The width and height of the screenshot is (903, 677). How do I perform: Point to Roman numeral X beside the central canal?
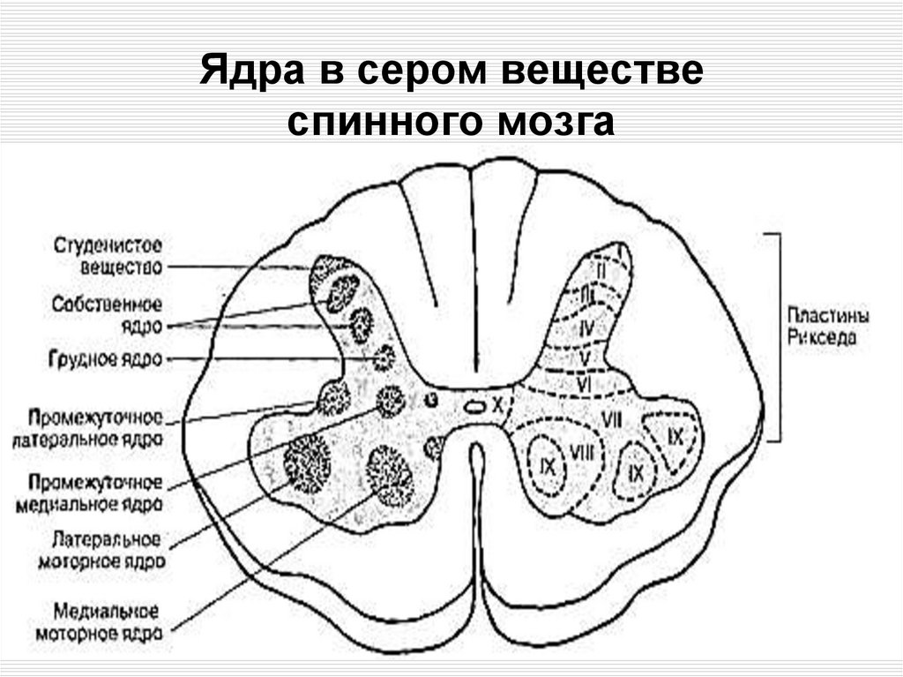(497, 405)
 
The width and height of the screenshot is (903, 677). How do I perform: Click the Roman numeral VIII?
(581, 452)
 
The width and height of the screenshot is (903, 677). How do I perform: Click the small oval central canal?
(474, 407)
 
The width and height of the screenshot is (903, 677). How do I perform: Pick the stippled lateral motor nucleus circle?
(308, 463)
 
